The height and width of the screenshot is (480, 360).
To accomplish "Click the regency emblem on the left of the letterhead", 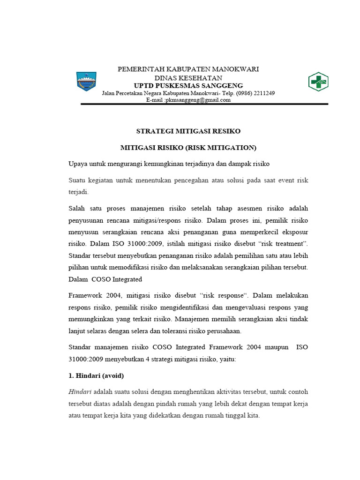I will coord(86,82).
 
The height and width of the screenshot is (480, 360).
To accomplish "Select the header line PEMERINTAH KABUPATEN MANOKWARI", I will coord(188,69).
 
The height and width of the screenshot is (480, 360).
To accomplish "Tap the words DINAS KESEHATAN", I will coord(188,78).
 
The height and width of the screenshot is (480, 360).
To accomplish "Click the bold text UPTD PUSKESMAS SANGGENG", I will coord(188,85).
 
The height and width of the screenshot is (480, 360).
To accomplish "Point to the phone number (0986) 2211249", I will coord(255,93).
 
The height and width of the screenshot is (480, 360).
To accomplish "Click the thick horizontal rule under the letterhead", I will coord(204,104).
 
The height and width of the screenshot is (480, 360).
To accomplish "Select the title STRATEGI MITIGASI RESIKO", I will coord(188,131).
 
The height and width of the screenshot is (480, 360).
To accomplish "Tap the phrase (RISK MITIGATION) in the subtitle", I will coord(221,148).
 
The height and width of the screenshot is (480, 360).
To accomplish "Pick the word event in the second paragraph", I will coord(281,180).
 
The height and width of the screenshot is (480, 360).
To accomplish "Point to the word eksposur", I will coord(292,232).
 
